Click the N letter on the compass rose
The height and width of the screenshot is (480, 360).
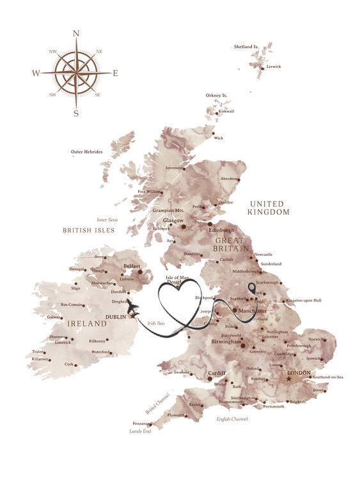coord(76,33)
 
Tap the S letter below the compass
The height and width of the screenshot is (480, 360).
coord(76,114)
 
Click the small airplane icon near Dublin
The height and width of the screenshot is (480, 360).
coord(133,310)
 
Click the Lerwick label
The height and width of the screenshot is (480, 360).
coord(274,66)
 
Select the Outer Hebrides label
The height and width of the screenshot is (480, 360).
coord(86,152)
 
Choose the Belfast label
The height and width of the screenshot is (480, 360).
coord(132,264)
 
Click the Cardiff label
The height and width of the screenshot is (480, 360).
coord(217,372)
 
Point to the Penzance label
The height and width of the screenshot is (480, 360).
coord(141,423)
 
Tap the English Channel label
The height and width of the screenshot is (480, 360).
coord(231,419)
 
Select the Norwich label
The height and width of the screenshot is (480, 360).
coord(317,339)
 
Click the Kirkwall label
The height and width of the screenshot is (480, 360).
coord(226,111)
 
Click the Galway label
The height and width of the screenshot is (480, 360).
coord(53,317)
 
